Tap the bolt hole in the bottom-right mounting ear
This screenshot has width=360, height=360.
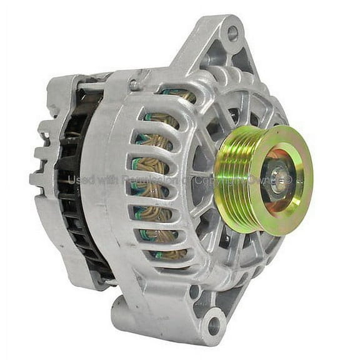pos(214,325)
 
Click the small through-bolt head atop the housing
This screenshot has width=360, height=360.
pos(134,85)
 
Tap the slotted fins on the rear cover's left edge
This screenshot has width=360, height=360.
pos(41,156)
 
